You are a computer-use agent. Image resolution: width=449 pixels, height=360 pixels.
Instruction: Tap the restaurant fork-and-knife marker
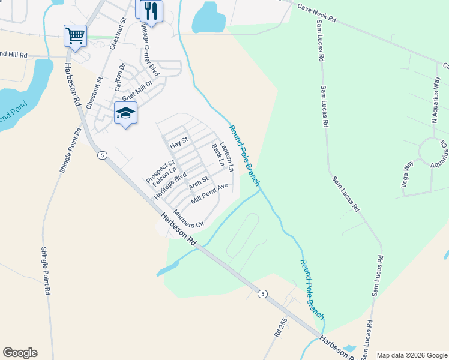pyautogui.click(x=151, y=10)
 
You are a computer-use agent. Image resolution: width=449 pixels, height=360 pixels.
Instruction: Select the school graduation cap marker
pyautogui.click(x=125, y=113)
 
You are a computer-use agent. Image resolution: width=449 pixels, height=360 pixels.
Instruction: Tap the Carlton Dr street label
pyautogui.click(x=120, y=77)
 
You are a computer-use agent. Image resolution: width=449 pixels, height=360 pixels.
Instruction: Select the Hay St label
pyautogui.click(x=179, y=143)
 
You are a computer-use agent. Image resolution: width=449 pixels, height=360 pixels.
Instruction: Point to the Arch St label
pyautogui.click(x=198, y=182)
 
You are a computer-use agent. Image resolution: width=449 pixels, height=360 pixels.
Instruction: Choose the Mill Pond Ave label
pyautogui.click(x=209, y=194)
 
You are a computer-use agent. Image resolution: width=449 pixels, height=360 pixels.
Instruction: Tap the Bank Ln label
pyautogui.click(x=217, y=155)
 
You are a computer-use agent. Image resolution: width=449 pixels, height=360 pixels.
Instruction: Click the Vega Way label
pyautogui.click(x=409, y=173)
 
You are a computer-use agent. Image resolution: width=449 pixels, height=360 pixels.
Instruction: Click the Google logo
pyautogui.click(x=20, y=353)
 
